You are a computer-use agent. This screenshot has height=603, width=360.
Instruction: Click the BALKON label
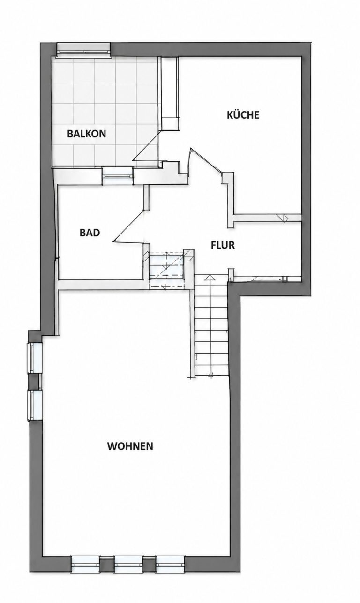coord(87,134)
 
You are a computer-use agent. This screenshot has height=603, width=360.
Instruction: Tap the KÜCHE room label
coord(243,115)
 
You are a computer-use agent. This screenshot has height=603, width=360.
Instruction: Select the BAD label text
coord(90,233)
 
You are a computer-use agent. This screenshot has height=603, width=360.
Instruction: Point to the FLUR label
coord(223,245)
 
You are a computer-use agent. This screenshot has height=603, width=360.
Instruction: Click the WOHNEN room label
coord(130,446)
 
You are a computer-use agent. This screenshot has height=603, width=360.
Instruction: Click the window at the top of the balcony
coord(83,50)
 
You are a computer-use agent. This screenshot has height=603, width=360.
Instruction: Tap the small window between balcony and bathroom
coord(118,176)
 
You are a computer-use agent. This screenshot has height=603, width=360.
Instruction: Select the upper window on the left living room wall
coord(35,358)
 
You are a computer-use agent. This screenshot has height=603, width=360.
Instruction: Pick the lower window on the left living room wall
coord(35,405)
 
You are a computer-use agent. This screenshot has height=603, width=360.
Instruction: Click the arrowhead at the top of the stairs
coord(209,278)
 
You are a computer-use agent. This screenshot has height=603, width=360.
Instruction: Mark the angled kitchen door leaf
coord(206,160)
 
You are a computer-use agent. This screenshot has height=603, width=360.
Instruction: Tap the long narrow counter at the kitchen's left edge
coord(170,94)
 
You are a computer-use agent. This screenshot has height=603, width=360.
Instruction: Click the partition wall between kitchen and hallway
coord(267,218)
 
